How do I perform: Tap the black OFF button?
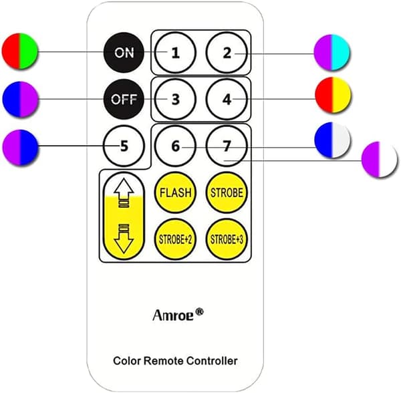[x=124, y=99]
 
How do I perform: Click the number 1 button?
[x=175, y=53]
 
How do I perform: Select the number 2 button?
[x=227, y=53]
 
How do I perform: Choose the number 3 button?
[x=175, y=99]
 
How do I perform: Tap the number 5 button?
[x=124, y=146]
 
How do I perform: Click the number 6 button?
[x=175, y=146]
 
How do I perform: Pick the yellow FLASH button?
[x=175, y=192]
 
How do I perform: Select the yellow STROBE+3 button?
[x=227, y=239]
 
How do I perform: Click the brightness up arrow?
[x=124, y=192]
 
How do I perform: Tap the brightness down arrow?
[x=124, y=239]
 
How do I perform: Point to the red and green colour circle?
[x=19, y=51]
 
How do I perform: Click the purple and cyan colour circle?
[x=331, y=52]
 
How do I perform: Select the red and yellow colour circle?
[x=333, y=95]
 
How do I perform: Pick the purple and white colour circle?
[x=380, y=159]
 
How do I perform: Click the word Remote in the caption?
[x=164, y=361]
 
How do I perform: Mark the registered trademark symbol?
[x=199, y=311]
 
